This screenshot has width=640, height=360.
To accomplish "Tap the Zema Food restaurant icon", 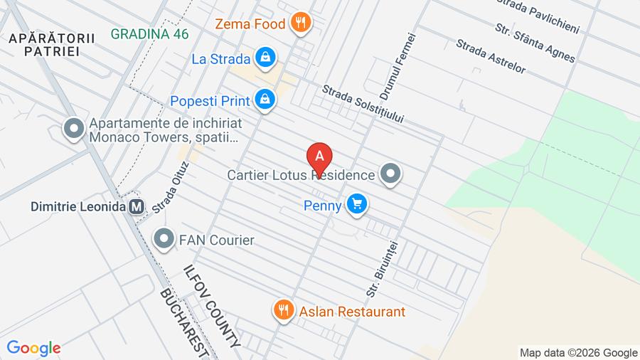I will pos(301,23).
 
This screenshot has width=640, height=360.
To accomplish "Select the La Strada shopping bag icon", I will pos(265,59).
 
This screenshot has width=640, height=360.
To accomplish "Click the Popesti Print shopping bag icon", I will pos(265,100).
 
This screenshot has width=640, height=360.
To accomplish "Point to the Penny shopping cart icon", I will pos(357,206).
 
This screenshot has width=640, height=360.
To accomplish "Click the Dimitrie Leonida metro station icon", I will pos(137,206).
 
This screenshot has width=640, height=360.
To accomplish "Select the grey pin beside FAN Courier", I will pos(165,240).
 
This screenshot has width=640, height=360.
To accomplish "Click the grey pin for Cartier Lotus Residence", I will pos(390,174).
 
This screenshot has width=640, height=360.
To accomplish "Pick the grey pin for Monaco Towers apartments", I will pos(73,129).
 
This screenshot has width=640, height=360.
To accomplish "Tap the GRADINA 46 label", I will pos(149,33).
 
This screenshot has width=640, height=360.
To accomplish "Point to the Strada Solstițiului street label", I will pos(363,104).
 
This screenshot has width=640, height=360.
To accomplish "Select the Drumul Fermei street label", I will pos(397,66).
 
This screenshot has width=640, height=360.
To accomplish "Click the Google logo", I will pos(33,348).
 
